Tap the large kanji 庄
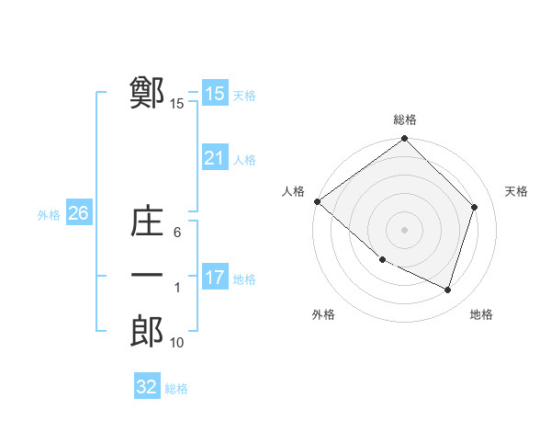click(147, 222)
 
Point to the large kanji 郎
click(147, 332)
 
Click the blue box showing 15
click(215, 93)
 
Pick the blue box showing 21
click(215, 158)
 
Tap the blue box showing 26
click(78, 213)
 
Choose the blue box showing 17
click(215, 277)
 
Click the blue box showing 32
click(147, 387)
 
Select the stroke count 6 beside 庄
click(177, 233)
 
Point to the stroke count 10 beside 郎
click(177, 343)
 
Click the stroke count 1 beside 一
click(177, 288)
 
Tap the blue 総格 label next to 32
click(176, 389)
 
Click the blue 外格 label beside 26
click(49, 215)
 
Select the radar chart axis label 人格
click(293, 190)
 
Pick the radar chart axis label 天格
click(516, 190)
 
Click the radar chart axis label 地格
click(481, 314)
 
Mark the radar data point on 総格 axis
click(404, 140)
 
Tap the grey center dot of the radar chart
click(404, 229)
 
